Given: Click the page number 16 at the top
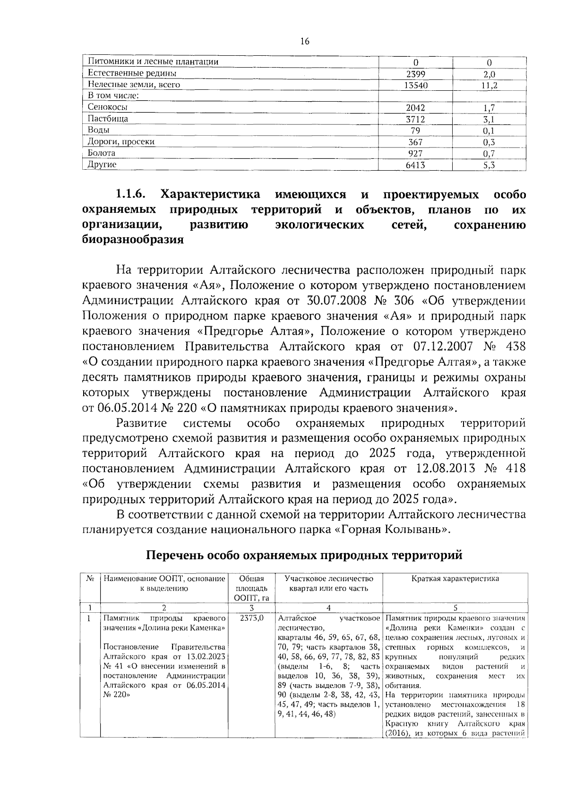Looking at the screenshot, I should tap(305, 42).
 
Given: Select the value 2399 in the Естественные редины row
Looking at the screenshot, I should tap(416, 74).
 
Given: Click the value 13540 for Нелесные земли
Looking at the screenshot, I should tap(416, 85).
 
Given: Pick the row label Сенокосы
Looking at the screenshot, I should tap(107, 107).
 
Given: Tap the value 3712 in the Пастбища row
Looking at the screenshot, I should tap(416, 119).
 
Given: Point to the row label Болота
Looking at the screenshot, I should tap(102, 153).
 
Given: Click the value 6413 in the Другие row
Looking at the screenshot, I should tap(416, 165).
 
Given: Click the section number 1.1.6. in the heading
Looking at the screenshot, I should tap(131, 195).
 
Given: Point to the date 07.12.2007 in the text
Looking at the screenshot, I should tap(443, 347).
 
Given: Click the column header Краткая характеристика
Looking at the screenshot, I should tap(455, 579).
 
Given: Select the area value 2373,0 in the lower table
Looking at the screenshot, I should tap(251, 618).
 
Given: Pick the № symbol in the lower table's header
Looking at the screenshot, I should tap(90, 579).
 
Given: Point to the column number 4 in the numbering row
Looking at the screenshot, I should tap(328, 608).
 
